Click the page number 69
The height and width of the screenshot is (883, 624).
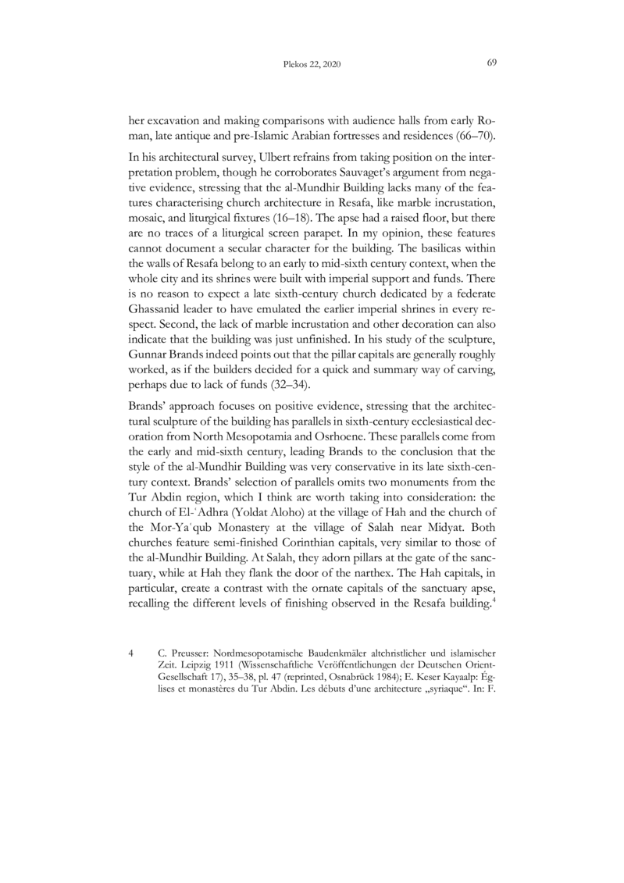point(492,62)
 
